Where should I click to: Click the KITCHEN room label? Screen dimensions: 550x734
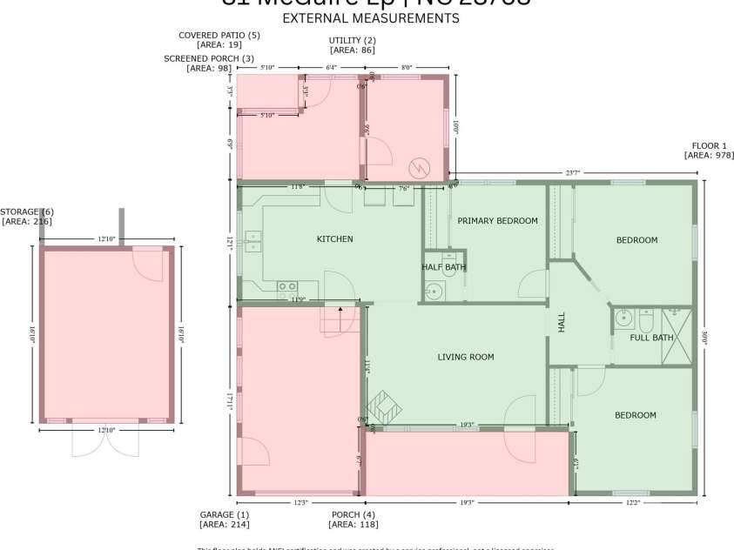pyautogui.click(x=334, y=238)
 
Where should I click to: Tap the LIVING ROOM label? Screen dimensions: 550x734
pyautogui.click(x=465, y=357)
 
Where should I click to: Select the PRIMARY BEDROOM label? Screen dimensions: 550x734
pyautogui.click(x=497, y=221)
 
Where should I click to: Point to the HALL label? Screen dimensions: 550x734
pyautogui.click(x=562, y=322)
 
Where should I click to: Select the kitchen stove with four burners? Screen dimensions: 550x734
pyautogui.click(x=286, y=286)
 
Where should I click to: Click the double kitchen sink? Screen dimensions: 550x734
pyautogui.click(x=253, y=241)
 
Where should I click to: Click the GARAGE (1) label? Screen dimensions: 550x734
pyautogui.click(x=223, y=514)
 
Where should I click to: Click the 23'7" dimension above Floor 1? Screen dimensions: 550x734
pyautogui.click(x=572, y=173)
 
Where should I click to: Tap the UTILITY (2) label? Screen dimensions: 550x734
pyautogui.click(x=352, y=41)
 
